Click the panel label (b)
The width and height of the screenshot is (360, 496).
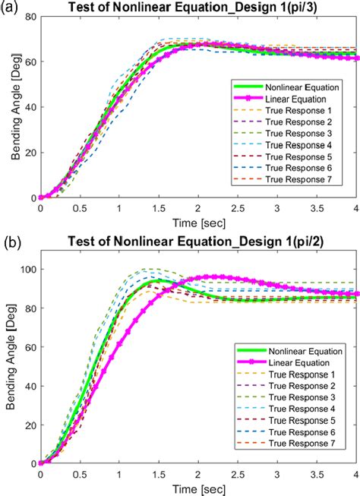(11, 242)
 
